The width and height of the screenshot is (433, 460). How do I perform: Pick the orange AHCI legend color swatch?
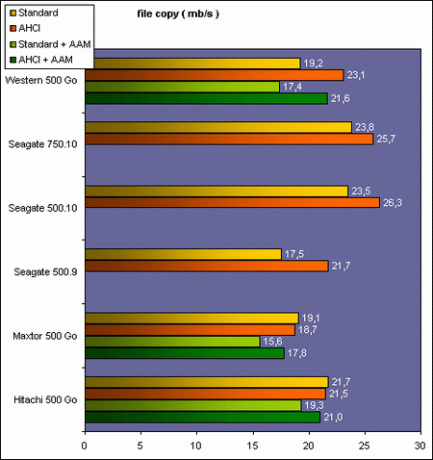point(13,28)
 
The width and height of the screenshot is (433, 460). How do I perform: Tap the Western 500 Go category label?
point(43,80)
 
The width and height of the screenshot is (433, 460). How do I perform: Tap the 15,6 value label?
point(272,342)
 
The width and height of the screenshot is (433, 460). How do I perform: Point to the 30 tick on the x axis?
point(420,446)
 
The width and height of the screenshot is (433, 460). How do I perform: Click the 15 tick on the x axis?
point(252,446)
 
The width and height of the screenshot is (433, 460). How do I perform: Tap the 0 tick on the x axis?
point(86,446)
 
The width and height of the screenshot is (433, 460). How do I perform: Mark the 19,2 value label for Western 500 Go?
point(313,63)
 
